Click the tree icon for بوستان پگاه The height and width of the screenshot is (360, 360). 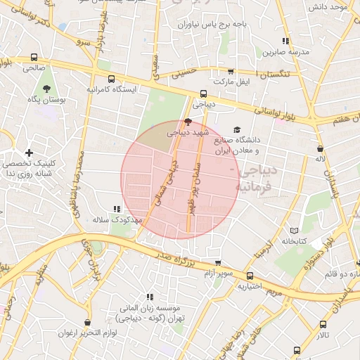click(x=47, y=89)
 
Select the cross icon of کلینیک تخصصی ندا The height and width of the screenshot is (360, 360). click(x=29, y=153)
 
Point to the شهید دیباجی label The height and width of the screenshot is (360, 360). click(x=187, y=131)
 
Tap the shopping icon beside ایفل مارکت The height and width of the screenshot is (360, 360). click(x=231, y=72)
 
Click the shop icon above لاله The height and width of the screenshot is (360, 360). click(x=321, y=149)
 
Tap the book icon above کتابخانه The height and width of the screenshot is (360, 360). click(x=294, y=231)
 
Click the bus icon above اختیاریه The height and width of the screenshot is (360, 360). click(x=250, y=275)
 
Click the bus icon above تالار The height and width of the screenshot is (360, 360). click(x=323, y=325)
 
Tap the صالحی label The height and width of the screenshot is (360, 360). click(x=33, y=68)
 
